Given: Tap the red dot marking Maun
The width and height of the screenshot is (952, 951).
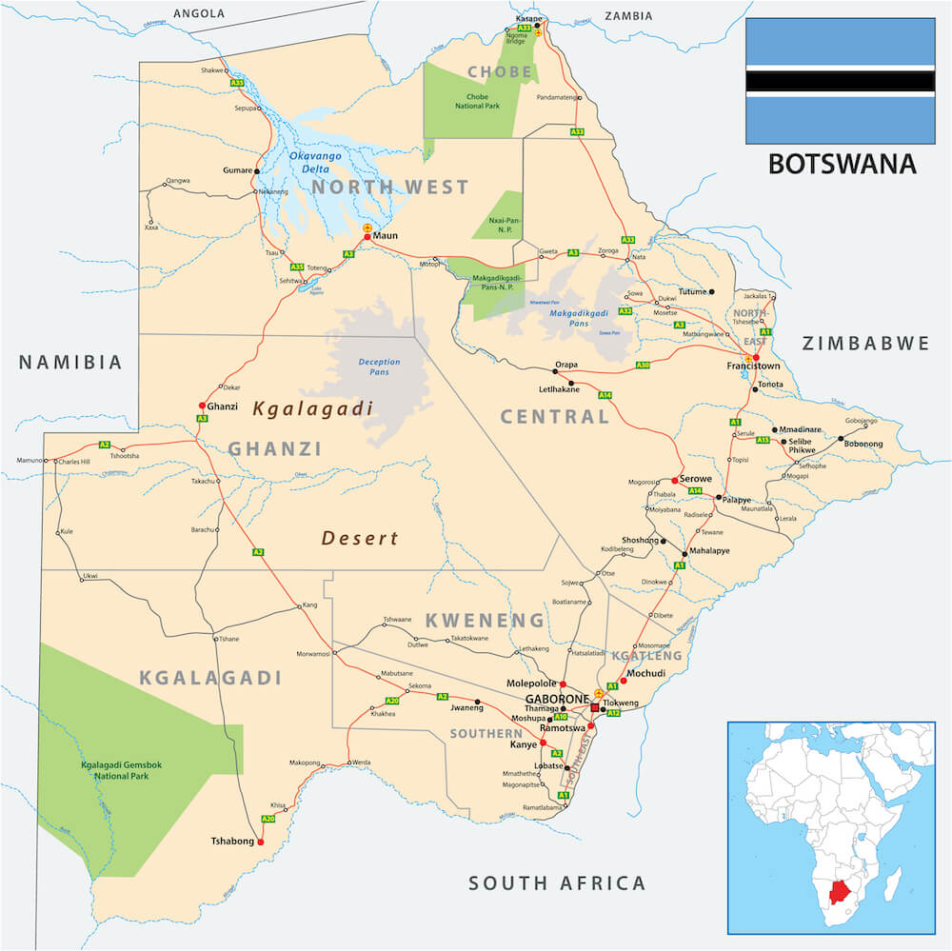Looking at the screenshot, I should (367, 236).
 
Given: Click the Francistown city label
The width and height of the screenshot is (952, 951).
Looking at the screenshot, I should (754, 366).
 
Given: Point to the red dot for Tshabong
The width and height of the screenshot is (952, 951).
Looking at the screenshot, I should (260, 842).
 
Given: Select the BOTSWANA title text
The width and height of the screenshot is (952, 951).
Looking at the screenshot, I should (841, 164).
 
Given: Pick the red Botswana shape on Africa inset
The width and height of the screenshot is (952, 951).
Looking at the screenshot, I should (838, 891).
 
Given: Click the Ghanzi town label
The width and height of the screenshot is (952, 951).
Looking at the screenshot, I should (222, 406).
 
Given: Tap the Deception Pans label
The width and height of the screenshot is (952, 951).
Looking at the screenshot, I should (379, 367).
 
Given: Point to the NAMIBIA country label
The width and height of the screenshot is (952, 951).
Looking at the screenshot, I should (71, 362).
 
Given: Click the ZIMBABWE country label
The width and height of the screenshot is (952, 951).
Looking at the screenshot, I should (864, 343).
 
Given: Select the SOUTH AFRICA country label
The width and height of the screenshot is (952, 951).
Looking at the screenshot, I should (557, 882).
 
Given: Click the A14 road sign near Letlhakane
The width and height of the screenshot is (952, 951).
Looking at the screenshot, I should (605, 394).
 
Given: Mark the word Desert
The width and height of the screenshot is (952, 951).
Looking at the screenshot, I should (360, 538).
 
